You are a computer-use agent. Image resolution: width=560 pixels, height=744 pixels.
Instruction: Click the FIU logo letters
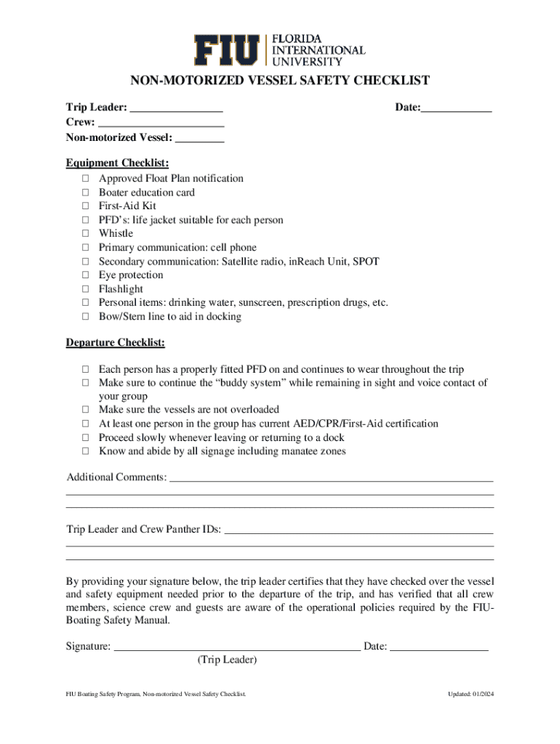coord(228,49)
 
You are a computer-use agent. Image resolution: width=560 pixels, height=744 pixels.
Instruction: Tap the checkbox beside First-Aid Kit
coord(85,206)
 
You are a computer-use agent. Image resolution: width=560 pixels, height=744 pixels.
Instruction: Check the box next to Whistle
coord(85,234)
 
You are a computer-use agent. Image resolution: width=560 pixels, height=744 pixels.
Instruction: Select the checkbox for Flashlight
coord(85,289)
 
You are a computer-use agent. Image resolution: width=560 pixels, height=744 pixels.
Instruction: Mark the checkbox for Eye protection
coord(85,275)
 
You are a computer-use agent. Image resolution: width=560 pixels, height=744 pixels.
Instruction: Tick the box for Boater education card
coord(85,193)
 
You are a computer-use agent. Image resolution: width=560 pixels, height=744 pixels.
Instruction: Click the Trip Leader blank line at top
coord(176,109)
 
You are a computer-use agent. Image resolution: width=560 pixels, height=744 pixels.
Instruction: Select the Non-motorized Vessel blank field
coord(200,137)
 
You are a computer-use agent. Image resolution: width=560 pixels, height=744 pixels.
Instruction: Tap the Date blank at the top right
coord(457,109)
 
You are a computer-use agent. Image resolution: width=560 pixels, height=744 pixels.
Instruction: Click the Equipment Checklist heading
coord(117,163)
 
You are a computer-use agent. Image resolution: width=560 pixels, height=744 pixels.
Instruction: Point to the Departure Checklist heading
coord(116,342)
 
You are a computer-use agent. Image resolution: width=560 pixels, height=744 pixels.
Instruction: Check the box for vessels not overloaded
coord(85,410)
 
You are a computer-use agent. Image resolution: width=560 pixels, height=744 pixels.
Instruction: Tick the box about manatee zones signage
coord(85,451)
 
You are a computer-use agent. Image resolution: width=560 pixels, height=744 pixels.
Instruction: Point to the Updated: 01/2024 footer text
coord(471,695)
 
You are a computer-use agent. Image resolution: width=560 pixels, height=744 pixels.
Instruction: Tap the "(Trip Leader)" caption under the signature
coord(227,660)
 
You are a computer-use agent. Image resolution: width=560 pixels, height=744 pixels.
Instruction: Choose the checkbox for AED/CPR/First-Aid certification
coord(85,424)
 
